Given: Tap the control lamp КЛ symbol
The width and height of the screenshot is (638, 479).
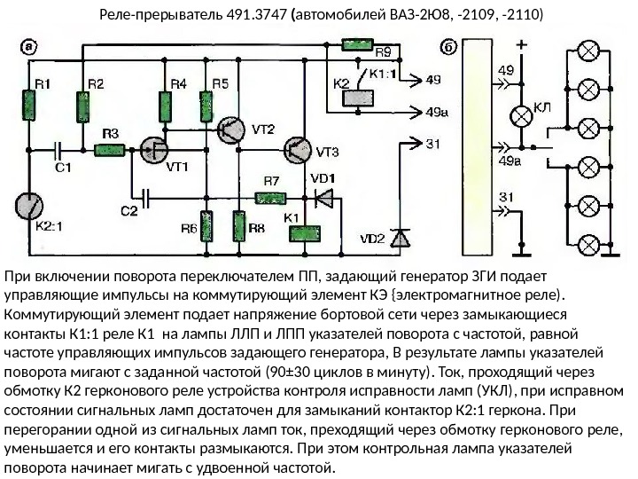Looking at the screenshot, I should pos(520,115).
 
